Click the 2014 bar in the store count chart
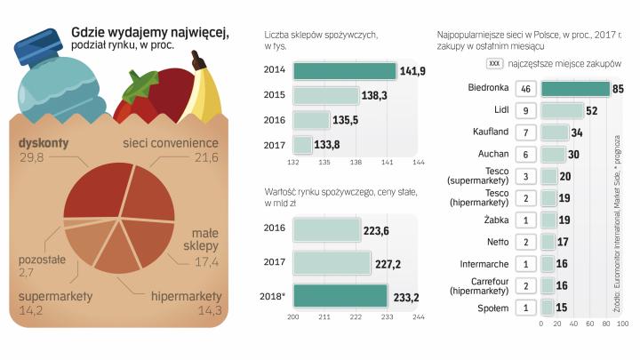(x=344, y=71)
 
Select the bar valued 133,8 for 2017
(x=302, y=144)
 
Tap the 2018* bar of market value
(x=340, y=295)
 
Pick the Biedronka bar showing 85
(x=575, y=89)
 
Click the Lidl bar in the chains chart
(x=562, y=110)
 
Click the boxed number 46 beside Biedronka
(x=526, y=89)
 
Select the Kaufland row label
(x=491, y=132)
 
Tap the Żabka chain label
(x=494, y=220)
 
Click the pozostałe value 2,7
(x=26, y=272)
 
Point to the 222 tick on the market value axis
(x=355, y=316)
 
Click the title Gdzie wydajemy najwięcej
(x=149, y=32)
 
